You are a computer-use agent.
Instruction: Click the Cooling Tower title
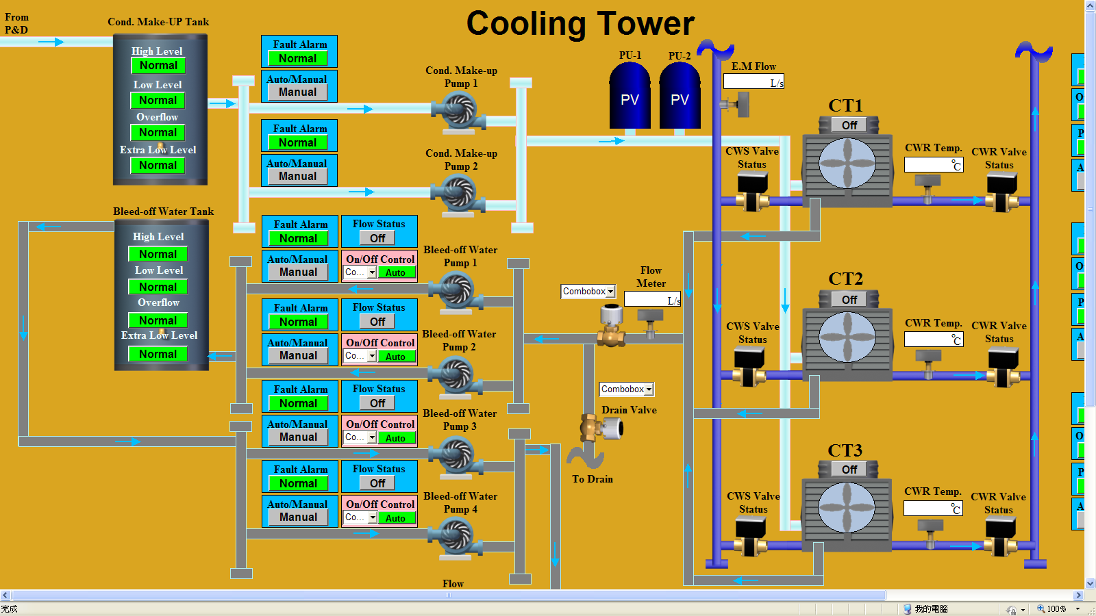pyautogui.click(x=580, y=24)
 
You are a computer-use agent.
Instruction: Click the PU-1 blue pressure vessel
pyautogui.click(x=630, y=97)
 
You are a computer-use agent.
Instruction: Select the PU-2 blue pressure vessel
pyautogui.click(x=680, y=97)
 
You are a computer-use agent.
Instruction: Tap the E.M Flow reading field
pyautogui.click(x=753, y=81)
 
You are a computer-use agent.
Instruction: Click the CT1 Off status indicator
pyautogui.click(x=849, y=125)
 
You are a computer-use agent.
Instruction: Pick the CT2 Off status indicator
pyautogui.click(x=849, y=300)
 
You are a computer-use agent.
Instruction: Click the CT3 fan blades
pyautogui.click(x=847, y=507)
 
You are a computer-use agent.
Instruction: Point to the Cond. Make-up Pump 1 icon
pyautogui.click(x=458, y=111)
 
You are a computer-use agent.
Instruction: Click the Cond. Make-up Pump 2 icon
pyautogui.click(x=458, y=194)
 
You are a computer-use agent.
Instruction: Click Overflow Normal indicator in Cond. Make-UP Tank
pyautogui.click(x=158, y=133)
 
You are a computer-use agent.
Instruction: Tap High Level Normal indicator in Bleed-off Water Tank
pyautogui.click(x=158, y=254)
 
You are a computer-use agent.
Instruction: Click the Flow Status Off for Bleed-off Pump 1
pyautogui.click(x=378, y=238)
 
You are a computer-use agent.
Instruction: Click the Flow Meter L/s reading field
pyautogui.click(x=651, y=300)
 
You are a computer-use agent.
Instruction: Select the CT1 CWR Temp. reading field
pyautogui.click(x=933, y=165)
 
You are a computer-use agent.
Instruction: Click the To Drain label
pyautogui.click(x=593, y=479)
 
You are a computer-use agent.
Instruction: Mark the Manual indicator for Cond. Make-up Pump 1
pyautogui.click(x=297, y=92)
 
